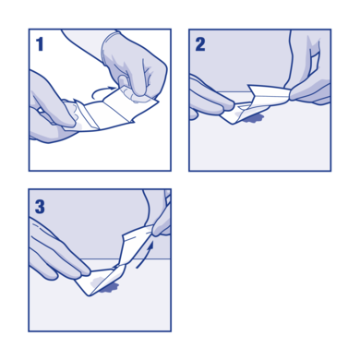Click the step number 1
point(40,43)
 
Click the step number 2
point(200,43)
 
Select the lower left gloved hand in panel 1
point(51,111)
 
